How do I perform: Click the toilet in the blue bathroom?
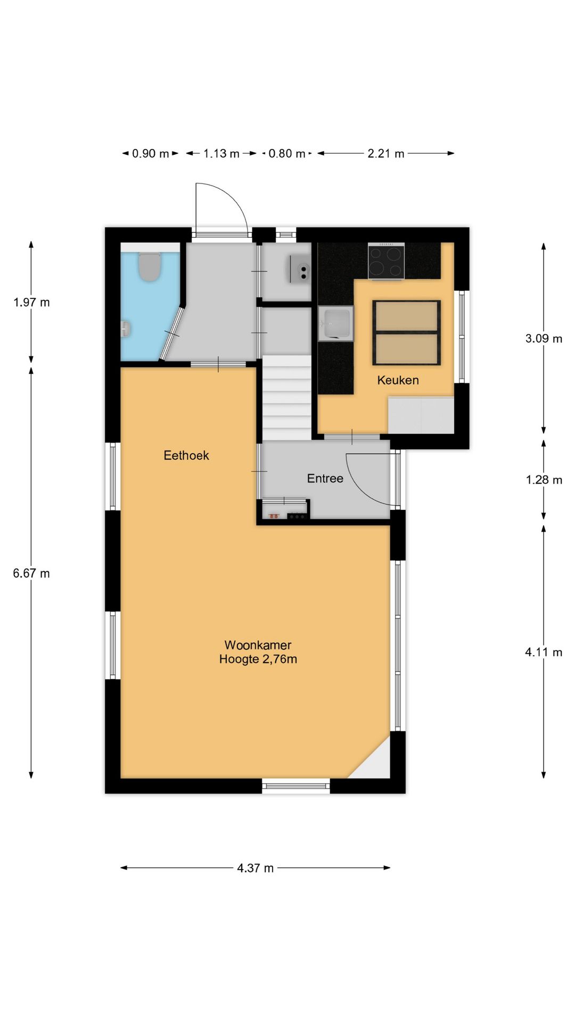click(x=150, y=266)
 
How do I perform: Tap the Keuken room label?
click(x=398, y=380)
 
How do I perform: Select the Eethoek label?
click(x=186, y=455)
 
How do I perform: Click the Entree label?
click(x=325, y=479)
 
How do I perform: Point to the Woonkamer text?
click(x=258, y=645)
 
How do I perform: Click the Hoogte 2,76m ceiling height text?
click(x=258, y=659)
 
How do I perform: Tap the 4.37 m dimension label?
click(x=256, y=868)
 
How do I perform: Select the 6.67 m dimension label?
click(x=31, y=573)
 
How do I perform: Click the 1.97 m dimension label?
click(x=31, y=303)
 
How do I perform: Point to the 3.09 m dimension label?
click(x=544, y=339)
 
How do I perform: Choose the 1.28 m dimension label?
click(x=544, y=480)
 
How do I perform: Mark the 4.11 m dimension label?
click(x=544, y=652)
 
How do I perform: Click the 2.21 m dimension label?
click(x=386, y=154)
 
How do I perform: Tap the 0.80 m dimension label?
click(x=287, y=154)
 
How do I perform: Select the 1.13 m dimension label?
click(x=221, y=154)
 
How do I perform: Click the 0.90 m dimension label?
click(x=151, y=154)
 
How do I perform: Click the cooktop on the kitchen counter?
click(x=386, y=261)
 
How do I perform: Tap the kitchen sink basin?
click(x=336, y=323)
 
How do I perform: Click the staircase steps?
click(x=286, y=398)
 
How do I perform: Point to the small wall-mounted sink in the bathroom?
click(x=126, y=329)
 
